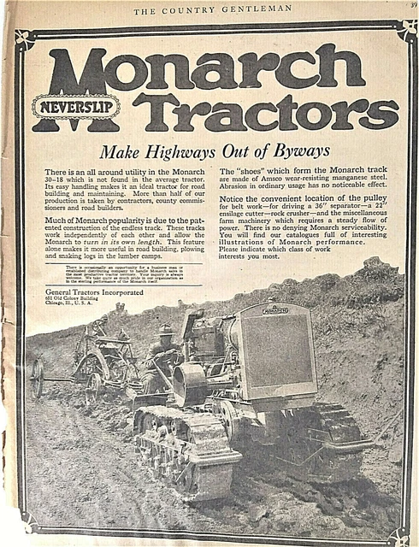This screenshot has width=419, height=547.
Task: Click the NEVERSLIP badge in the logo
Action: [x=76, y=107]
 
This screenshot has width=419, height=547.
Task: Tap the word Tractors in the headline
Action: [x=265, y=111]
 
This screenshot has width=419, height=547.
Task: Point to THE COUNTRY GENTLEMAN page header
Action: [x=212, y=9]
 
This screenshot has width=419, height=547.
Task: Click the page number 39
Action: [x=413, y=5]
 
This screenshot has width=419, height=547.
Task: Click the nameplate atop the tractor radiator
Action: [x=274, y=309]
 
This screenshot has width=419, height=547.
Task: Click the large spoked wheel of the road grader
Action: [x=37, y=377]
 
